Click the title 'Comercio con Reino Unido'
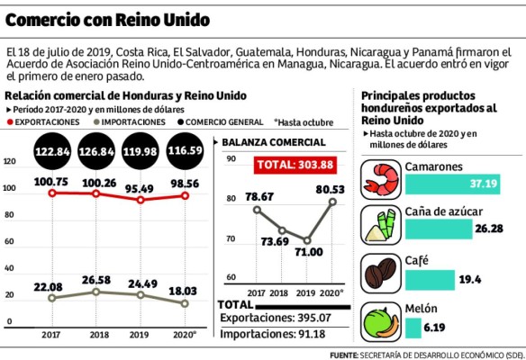pos(107,19)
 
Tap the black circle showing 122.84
pos(52,152)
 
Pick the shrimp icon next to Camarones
pos(382,178)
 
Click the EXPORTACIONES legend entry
pos(49,120)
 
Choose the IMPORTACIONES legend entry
pos(131,120)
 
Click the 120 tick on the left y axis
pos(10,162)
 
